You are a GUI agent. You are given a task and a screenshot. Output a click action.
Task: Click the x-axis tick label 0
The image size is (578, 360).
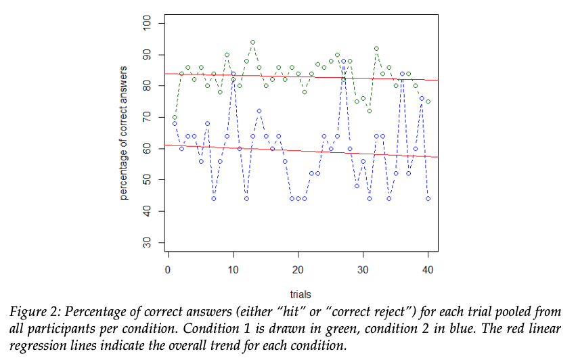pyautogui.click(x=168, y=269)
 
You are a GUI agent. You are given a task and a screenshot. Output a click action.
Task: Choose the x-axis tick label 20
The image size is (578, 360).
pyautogui.click(x=298, y=269)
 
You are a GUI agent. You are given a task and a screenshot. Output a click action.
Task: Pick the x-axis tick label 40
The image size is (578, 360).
pyautogui.click(x=428, y=269)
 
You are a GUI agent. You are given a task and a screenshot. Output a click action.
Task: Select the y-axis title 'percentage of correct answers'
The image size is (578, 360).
pyautogui.click(x=125, y=133)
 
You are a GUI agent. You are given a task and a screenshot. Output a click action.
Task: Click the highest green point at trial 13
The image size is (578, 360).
pyautogui.click(x=252, y=42)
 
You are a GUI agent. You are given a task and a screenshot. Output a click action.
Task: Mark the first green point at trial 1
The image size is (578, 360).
pyautogui.click(x=175, y=117)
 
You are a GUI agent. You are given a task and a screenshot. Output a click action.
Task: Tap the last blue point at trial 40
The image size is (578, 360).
pyautogui.click(x=428, y=199)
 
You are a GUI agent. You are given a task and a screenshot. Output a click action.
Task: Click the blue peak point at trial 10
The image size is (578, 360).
pyautogui.click(x=233, y=73)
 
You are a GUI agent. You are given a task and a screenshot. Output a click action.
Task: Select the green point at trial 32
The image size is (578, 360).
pyautogui.click(x=376, y=49)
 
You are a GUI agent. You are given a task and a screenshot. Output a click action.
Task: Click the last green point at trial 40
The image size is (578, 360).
pyautogui.click(x=428, y=102)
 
